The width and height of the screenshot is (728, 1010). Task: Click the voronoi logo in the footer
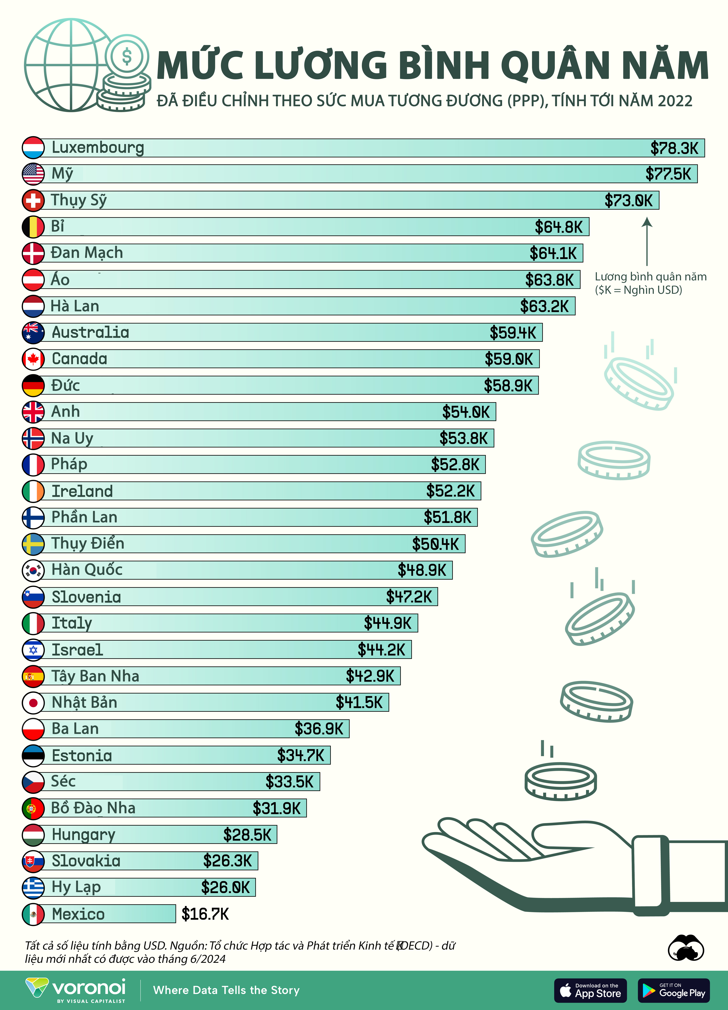pos(76,989)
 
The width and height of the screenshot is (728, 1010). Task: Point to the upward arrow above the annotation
pos(647,240)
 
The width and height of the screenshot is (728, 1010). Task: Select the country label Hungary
pos(83,834)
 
